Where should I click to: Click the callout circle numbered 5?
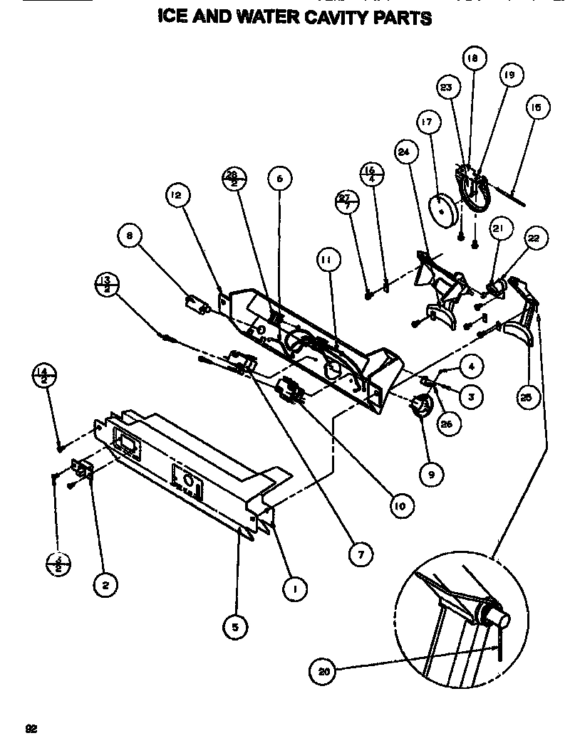tap(235, 626)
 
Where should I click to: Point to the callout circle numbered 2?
tap(106, 585)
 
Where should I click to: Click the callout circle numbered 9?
tap(431, 473)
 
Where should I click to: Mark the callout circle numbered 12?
tap(177, 193)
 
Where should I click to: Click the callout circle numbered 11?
tap(326, 261)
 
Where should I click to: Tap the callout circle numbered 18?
tap(472, 58)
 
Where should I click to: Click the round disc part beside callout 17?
tap(442, 208)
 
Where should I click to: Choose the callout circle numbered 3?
tap(471, 396)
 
